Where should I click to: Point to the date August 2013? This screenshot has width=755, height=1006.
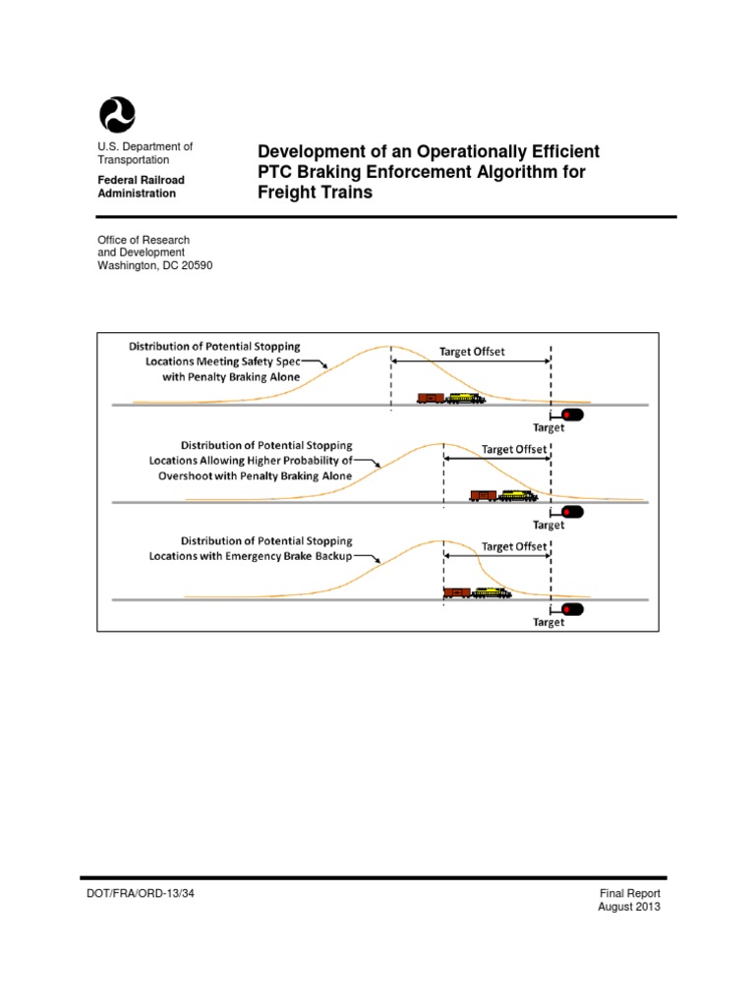click(x=629, y=907)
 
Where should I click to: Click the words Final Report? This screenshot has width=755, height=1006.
click(x=630, y=893)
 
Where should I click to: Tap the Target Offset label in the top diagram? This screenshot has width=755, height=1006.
click(x=472, y=351)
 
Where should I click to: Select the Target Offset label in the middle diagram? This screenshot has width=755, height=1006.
click(x=513, y=449)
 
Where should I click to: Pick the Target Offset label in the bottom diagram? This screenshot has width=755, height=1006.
click(x=513, y=546)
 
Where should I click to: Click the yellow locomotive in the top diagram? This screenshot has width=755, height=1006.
click(x=465, y=398)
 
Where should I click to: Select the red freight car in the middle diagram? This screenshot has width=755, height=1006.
click(x=483, y=495)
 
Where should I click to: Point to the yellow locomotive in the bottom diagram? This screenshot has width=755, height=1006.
click(x=492, y=592)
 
